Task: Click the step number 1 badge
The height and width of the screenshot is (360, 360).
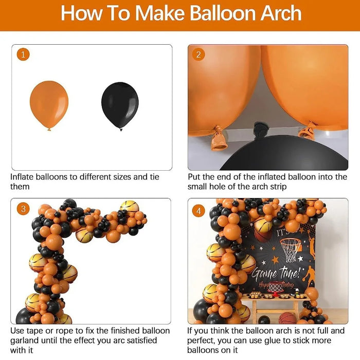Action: (23, 55)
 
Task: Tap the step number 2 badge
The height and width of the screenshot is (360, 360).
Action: (199, 55)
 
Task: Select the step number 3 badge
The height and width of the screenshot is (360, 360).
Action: (23, 208)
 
